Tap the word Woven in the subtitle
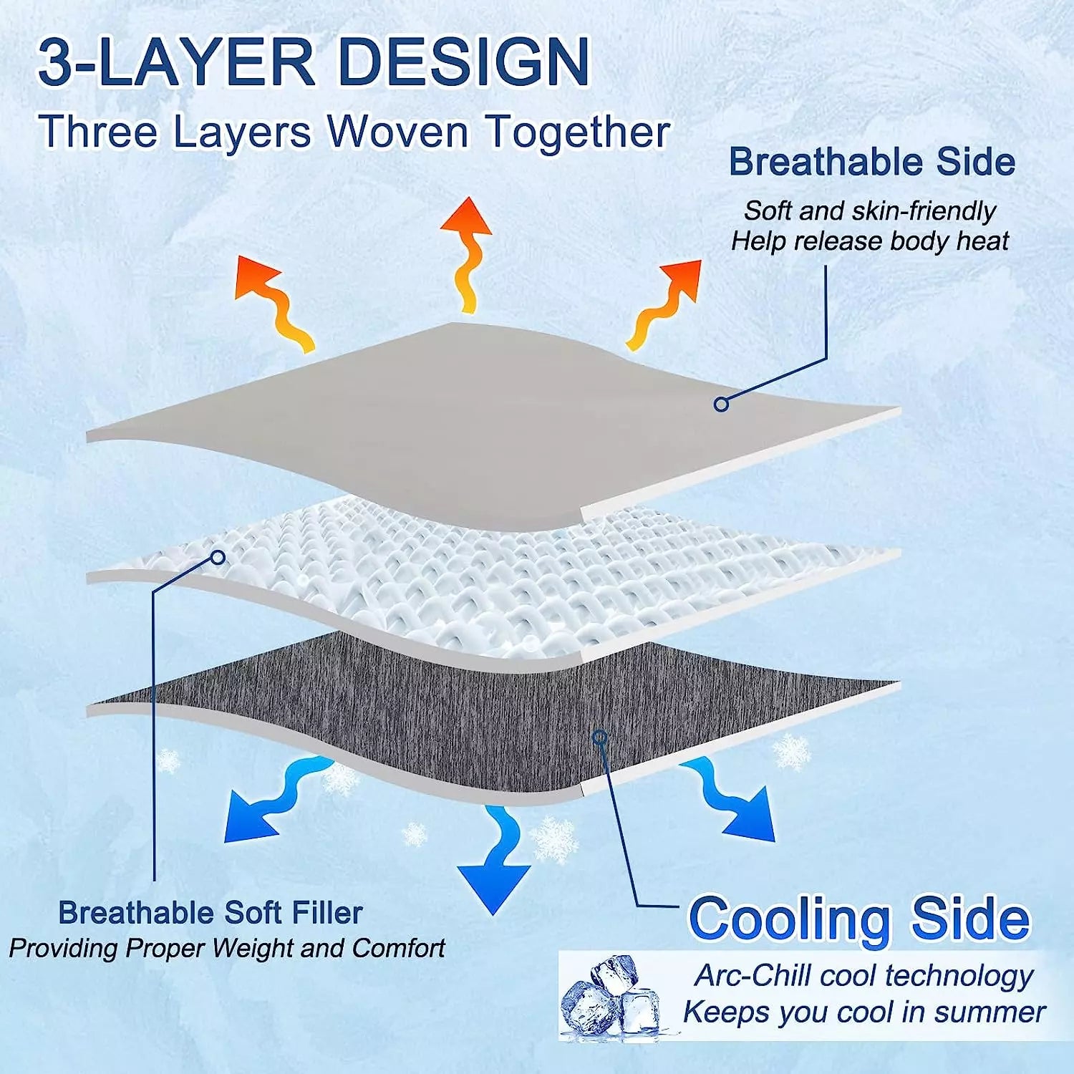[398, 132]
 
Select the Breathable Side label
[872, 162]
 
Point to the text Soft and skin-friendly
[869, 211]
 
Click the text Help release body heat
[869, 241]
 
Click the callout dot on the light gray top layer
[721, 404]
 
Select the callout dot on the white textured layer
[218, 557]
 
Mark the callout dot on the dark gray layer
[600, 737]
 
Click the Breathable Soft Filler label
[211, 913]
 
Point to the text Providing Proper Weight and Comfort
[227, 948]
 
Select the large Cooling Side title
[859, 919]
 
